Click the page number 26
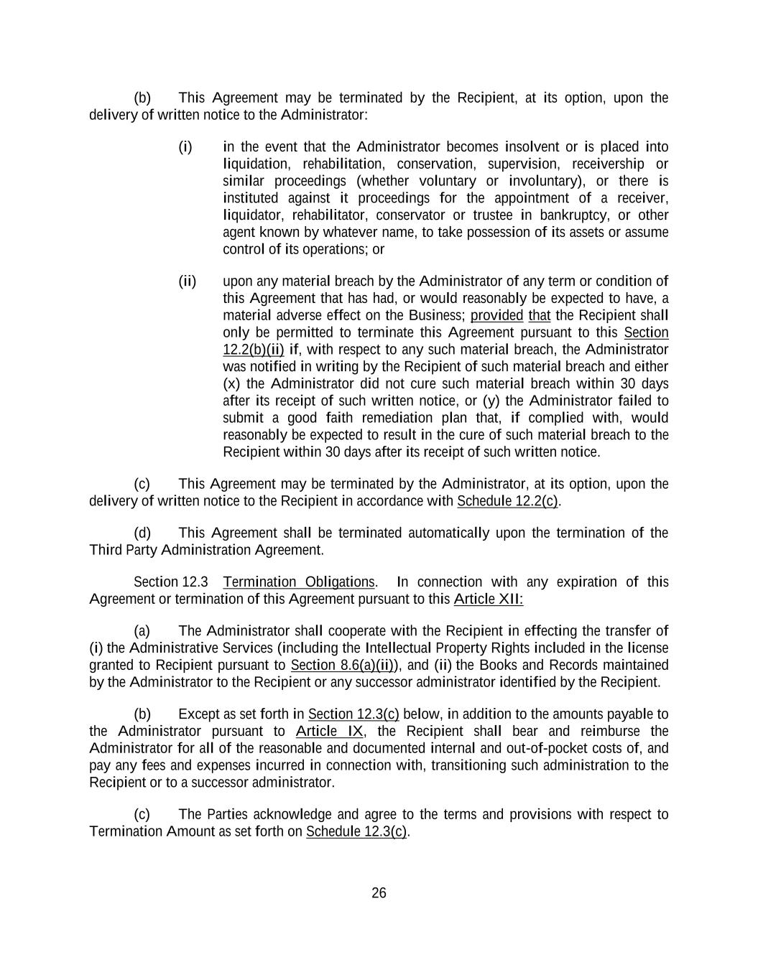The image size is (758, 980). point(379,893)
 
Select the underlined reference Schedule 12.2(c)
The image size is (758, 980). point(507,501)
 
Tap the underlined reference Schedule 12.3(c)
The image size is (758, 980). point(356,831)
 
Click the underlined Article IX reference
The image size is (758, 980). point(330,732)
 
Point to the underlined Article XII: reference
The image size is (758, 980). point(489,599)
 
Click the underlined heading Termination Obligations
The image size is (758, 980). point(299,582)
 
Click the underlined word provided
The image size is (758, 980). point(496,316)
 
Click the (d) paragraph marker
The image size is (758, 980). point(142,533)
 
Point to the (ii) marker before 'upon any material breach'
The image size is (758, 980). point(188,281)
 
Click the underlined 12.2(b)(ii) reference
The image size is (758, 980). point(254,350)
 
